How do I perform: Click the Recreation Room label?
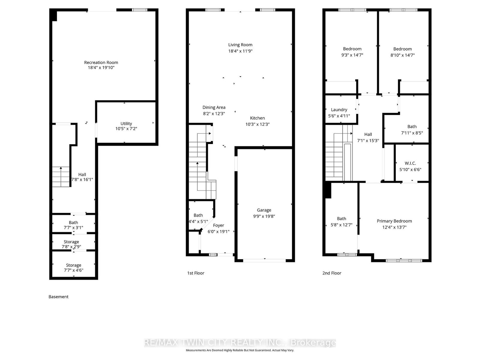pos(101,62)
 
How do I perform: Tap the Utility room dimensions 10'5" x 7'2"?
pos(126,128)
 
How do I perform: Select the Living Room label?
pos(240,45)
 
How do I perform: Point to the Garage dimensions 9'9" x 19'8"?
pos(264,216)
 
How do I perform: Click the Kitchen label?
pos(257,118)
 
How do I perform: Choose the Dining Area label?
pos(214,107)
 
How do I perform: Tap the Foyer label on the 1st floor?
pos(218,225)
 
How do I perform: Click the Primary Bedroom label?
pos(394,221)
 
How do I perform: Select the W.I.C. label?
pos(410,163)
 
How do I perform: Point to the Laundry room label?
pos(339,110)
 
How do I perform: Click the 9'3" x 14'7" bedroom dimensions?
pos(352,55)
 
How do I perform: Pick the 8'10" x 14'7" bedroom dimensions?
pos(403,55)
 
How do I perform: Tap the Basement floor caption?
pos(58,297)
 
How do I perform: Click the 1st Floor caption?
pos(196,273)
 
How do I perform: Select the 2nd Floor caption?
pos(332,273)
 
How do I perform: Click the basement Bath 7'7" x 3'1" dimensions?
pos(73,227)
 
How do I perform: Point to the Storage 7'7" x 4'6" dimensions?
pos(73,270)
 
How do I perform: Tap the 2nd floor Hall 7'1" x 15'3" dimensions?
pos(368,140)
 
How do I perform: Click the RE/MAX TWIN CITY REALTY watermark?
pos(240,343)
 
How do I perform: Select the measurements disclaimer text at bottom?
pos(240,350)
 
